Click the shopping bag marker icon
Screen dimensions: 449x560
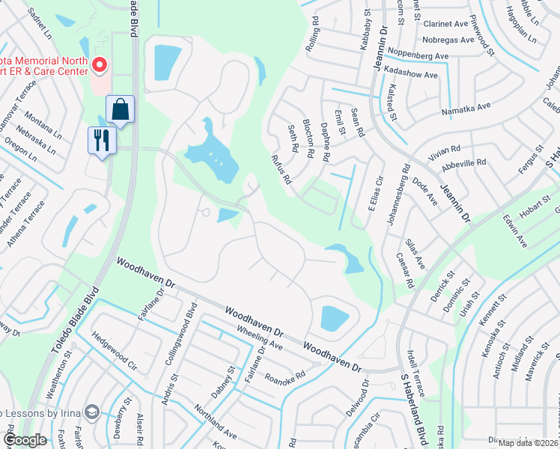coord(120,110)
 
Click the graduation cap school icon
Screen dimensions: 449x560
coord(92,412)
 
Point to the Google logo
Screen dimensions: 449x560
coord(24,440)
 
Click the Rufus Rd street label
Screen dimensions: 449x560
coord(281,168)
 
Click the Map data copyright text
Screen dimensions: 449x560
coord(528,443)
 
